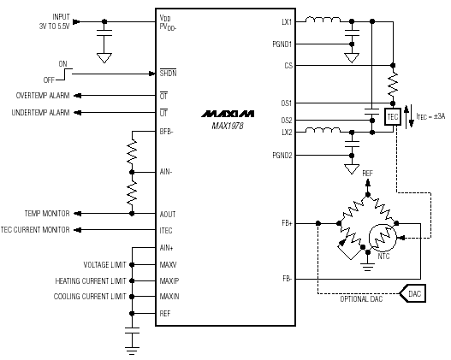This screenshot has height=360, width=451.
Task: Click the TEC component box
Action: click(393, 116)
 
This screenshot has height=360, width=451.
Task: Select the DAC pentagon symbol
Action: click(412, 293)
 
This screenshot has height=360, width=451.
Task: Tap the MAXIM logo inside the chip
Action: click(228, 114)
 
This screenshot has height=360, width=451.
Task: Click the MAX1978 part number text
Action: click(228, 126)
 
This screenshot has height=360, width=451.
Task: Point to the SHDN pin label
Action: click(169, 73)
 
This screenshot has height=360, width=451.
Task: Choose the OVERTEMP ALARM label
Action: click(43, 96)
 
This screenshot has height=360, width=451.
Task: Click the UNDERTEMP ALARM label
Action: click(40, 112)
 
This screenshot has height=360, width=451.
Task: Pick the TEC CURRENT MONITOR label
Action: click(35, 230)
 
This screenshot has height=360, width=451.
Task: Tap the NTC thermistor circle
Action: click(383, 238)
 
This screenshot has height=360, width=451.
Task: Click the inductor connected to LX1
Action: click(323, 20)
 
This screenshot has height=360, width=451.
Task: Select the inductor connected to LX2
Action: click(323, 130)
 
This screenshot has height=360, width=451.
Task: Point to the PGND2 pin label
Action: click(282, 156)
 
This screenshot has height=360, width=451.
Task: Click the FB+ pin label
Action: click(287, 223)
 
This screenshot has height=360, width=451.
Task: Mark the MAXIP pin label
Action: click(169, 280)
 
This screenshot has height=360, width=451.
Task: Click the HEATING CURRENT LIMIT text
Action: click(91, 280)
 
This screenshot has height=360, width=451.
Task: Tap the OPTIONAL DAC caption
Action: click(361, 299)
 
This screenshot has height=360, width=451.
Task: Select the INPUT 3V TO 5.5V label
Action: click(55, 21)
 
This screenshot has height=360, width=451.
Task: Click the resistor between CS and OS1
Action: click(393, 84)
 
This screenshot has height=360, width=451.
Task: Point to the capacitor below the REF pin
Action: click(132, 330)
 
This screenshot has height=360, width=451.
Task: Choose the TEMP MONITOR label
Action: click(47, 214)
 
